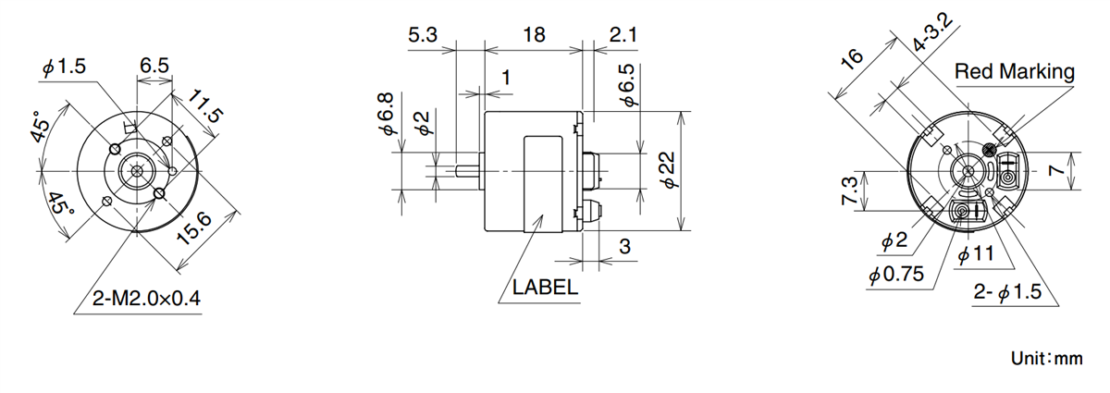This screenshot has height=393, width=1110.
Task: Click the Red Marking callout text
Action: [1015, 71]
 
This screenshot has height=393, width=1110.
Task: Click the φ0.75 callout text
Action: [896, 275]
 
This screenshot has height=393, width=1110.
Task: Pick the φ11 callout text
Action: [977, 255]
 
